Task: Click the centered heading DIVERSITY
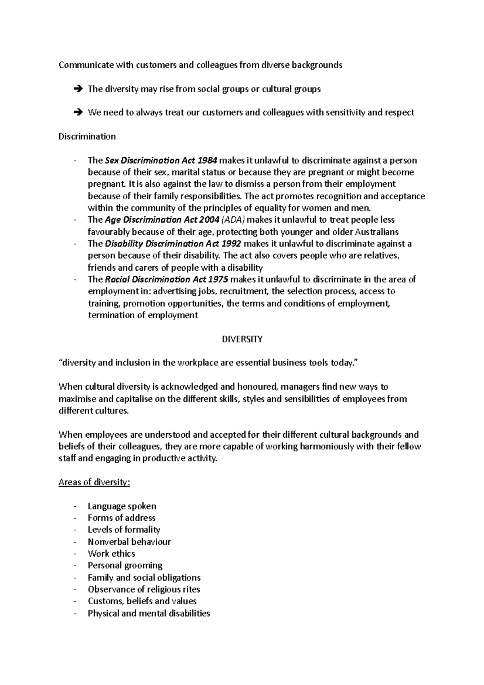click(x=242, y=339)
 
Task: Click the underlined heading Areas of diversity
click(x=94, y=482)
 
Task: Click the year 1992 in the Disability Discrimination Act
click(x=231, y=244)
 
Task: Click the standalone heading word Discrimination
click(x=87, y=136)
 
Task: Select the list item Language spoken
click(x=122, y=506)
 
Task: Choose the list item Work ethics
click(x=111, y=553)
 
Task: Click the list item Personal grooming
click(x=125, y=565)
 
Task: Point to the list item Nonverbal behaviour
click(x=129, y=542)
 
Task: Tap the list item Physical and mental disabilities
click(x=149, y=613)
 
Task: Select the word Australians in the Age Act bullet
click(x=376, y=232)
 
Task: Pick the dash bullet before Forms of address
click(x=75, y=518)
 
